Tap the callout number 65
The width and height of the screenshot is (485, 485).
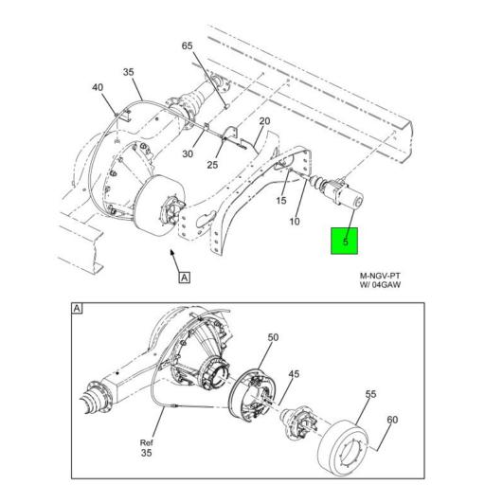[187, 46]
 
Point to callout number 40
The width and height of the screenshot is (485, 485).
[97, 88]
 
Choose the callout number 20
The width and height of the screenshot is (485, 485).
[264, 121]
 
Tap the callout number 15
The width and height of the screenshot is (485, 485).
[281, 200]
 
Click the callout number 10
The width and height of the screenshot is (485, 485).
[295, 222]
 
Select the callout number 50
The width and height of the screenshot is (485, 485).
[272, 337]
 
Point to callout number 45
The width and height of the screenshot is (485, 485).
[294, 374]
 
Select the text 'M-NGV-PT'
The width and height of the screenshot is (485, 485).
[380, 277]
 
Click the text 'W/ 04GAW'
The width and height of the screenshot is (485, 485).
[380, 289]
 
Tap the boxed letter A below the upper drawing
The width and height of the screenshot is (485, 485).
[184, 277]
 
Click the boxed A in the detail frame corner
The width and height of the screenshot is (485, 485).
[77, 308]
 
